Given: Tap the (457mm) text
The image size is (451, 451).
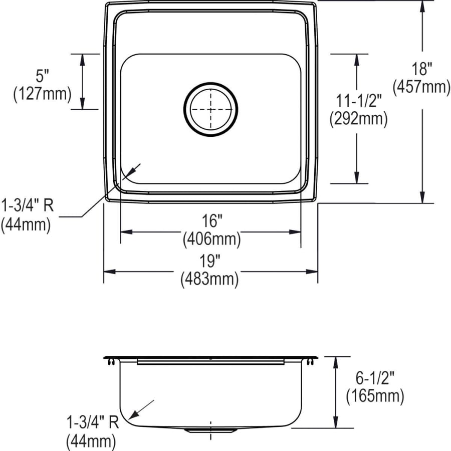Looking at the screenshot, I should tap(421, 87).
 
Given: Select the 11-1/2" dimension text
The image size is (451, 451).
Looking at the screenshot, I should tap(358, 101).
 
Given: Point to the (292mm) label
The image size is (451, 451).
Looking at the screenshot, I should tap(358, 119).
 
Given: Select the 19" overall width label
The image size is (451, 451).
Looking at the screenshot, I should tap(210, 261).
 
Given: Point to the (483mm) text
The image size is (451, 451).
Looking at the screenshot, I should tap(209, 279).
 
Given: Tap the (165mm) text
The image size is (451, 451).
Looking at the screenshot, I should tap(375, 396).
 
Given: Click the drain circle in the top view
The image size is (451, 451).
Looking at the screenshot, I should tap(210, 109).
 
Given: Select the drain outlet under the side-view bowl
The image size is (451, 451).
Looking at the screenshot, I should tap(210, 430).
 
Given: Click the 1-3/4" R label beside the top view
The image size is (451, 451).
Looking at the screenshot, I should tap(28, 205).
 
